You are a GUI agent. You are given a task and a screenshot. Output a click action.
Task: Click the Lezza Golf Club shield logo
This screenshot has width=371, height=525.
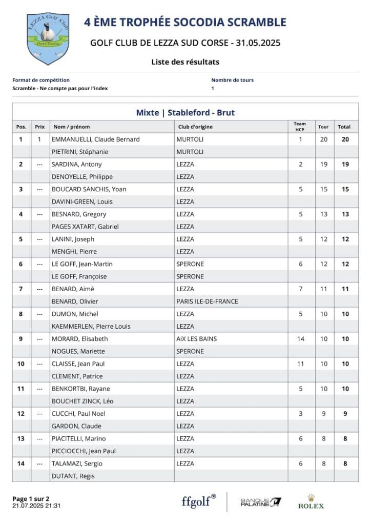(x=48, y=39)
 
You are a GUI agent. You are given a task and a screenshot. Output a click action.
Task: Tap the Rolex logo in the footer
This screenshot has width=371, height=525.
(x=311, y=502)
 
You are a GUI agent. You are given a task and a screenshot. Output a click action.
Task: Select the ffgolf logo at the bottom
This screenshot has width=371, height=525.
(x=199, y=501)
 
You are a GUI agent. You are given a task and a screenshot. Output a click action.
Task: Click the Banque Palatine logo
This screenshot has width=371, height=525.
(x=261, y=501)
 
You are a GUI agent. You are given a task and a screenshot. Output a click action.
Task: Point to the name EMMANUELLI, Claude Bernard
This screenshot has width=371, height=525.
(x=96, y=139)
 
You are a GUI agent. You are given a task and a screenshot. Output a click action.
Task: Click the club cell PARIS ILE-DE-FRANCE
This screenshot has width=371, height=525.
(x=207, y=301)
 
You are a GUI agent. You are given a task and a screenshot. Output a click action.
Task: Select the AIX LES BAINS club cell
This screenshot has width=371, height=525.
(x=196, y=339)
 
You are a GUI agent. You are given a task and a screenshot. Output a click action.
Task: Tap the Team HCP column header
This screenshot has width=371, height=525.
(x=300, y=126)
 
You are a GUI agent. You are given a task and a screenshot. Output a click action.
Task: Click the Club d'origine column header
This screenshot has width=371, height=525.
(x=195, y=127)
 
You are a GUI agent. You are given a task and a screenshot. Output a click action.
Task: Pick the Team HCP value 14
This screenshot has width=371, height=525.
(x=301, y=339)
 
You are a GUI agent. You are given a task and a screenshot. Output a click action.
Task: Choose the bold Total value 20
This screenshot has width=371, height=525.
(x=345, y=139)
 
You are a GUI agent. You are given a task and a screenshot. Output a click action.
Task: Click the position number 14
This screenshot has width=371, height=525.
(x=21, y=463)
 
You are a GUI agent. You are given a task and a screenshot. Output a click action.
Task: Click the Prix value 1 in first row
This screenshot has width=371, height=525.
(x=39, y=139)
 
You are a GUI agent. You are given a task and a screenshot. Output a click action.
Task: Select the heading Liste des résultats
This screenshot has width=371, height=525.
(x=185, y=62)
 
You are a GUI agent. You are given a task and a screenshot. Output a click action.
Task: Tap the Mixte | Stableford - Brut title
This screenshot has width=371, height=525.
(x=186, y=112)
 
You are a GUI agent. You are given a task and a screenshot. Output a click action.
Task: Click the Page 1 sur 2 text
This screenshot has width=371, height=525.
(x=31, y=498)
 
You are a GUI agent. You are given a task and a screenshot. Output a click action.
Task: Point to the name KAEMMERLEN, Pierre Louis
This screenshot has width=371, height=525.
(x=91, y=327)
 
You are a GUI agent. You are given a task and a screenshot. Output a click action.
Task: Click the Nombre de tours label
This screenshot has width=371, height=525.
(x=232, y=80)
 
